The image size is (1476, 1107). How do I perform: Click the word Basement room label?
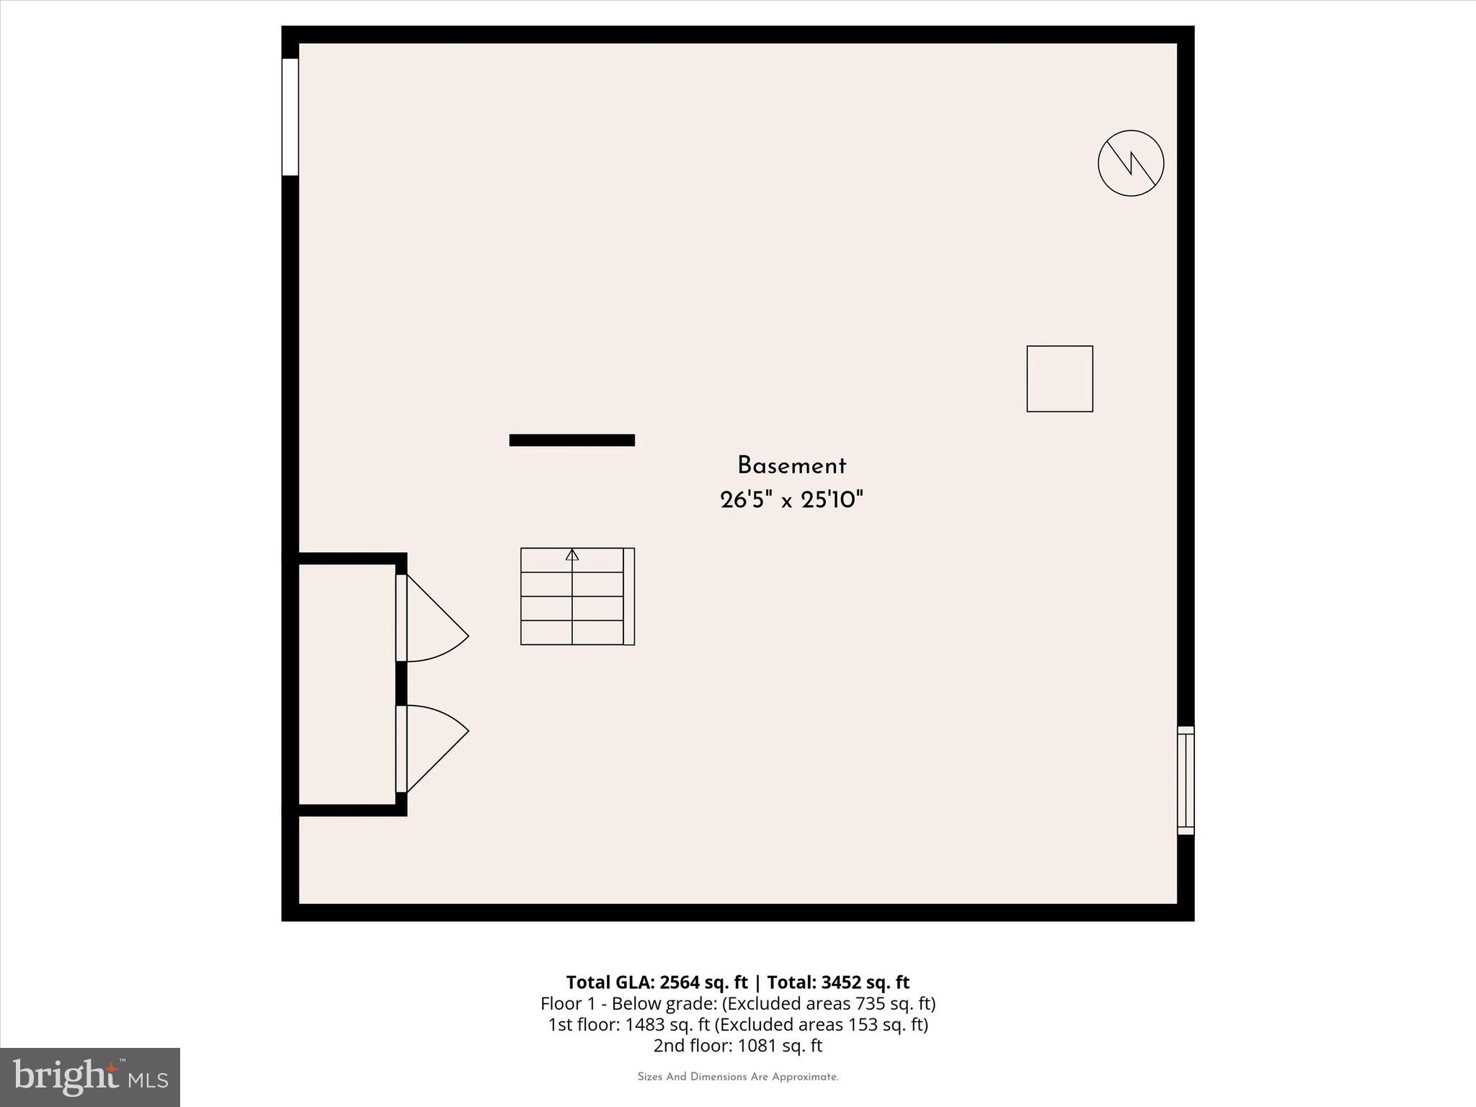791,466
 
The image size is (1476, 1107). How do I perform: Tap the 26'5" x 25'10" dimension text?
791,499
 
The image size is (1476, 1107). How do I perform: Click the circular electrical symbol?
1130,163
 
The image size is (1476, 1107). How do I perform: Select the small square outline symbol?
1059,379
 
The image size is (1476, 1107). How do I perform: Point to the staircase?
577,596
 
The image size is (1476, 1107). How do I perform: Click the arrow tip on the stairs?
572,553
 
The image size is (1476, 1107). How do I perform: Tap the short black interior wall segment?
572,440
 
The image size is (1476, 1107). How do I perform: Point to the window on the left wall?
290,117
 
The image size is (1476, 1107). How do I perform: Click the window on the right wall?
1186,781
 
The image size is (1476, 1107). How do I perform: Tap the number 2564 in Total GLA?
681,982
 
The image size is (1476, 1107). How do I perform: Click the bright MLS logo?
90,1077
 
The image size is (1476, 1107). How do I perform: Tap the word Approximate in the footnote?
805,1077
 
